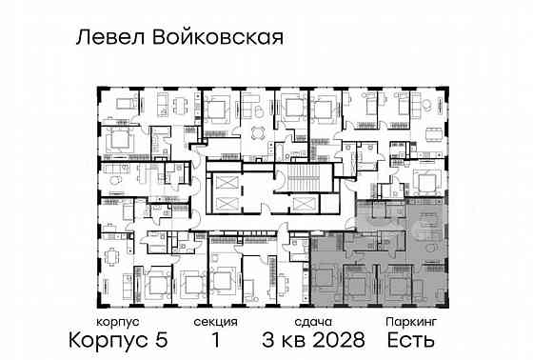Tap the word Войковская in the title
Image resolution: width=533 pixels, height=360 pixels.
point(221,38)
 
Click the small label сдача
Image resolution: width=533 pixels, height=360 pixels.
point(310,323)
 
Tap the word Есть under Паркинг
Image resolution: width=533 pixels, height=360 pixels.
point(411,340)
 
